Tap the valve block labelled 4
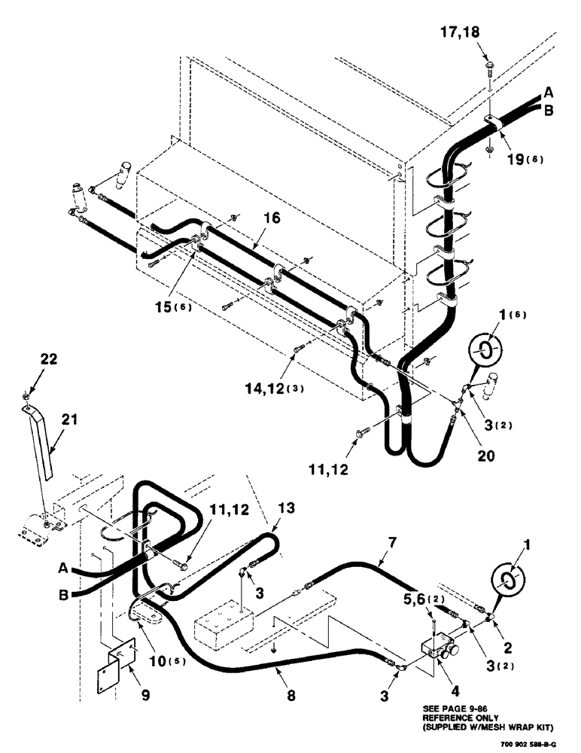[x=443, y=648]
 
